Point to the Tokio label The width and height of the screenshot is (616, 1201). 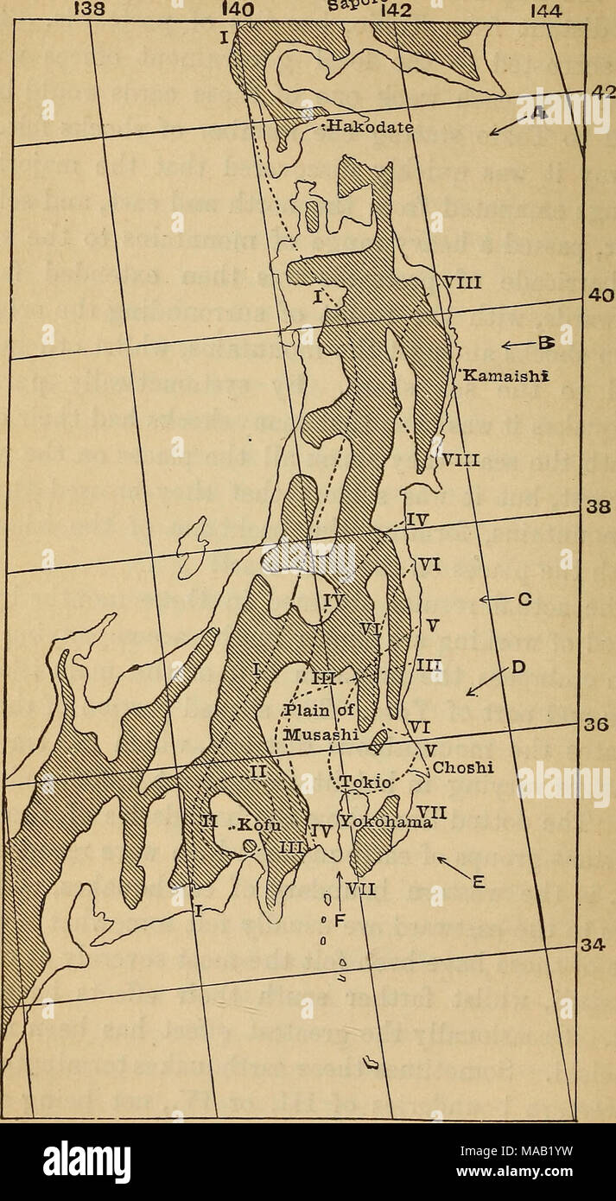369,783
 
